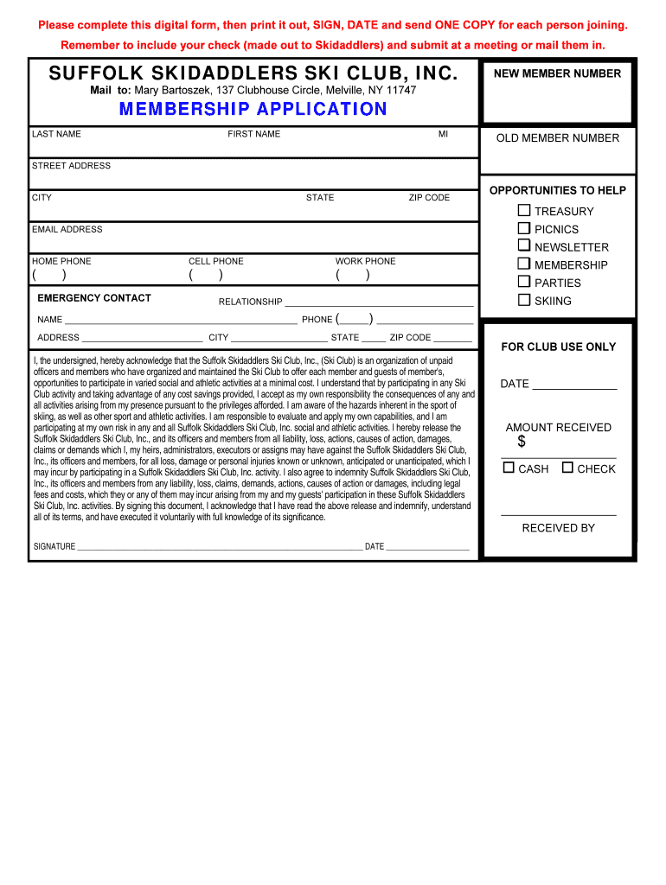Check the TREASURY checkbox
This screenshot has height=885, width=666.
[x=524, y=210]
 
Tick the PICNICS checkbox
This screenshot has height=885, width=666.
[x=524, y=228]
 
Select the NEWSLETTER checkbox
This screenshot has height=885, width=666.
[x=524, y=246]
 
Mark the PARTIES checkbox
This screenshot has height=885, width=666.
[x=524, y=282]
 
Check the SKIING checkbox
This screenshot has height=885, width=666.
[x=524, y=300]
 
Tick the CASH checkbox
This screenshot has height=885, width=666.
[x=509, y=468]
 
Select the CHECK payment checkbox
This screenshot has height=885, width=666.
[x=567, y=468]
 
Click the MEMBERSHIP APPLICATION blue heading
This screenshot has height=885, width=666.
[x=253, y=109]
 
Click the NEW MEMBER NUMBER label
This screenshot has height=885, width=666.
[x=557, y=73]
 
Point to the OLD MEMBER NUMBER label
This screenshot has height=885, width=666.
[x=557, y=138]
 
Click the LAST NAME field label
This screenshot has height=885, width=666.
[x=56, y=134]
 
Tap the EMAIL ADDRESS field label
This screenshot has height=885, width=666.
[x=67, y=229]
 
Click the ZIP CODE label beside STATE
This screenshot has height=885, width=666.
[x=429, y=198]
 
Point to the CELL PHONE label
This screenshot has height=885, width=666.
[x=216, y=261]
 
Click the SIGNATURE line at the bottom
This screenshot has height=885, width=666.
[x=220, y=546]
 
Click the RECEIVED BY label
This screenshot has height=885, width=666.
[x=558, y=528]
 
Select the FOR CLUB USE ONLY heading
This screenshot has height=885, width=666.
[x=558, y=347]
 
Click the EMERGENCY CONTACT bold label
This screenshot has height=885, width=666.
[x=94, y=298]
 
